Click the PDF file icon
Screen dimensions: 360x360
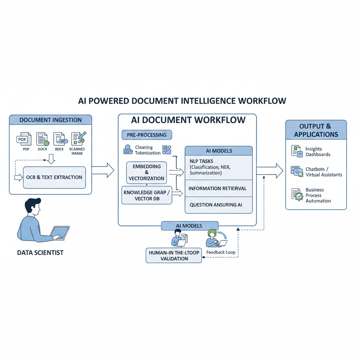(x=24, y=139)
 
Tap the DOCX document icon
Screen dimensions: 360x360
(x=43, y=139)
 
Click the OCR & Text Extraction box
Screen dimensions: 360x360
(x=54, y=177)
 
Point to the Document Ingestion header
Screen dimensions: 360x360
(x=50, y=120)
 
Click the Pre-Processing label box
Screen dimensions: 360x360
(x=147, y=135)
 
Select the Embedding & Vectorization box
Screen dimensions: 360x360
(x=147, y=172)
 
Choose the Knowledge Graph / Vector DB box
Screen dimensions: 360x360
(x=147, y=195)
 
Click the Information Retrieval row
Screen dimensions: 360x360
(x=218, y=188)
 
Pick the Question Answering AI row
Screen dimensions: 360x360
(x=216, y=205)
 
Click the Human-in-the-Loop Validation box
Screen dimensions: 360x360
(x=174, y=255)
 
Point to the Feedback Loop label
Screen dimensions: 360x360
(x=221, y=252)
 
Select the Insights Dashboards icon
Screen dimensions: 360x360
(x=297, y=151)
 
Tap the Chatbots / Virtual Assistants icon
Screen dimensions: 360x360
(x=297, y=171)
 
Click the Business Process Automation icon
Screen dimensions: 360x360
(x=297, y=194)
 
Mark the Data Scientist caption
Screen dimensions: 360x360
(x=40, y=252)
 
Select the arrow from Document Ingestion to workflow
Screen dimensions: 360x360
(x=104, y=170)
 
